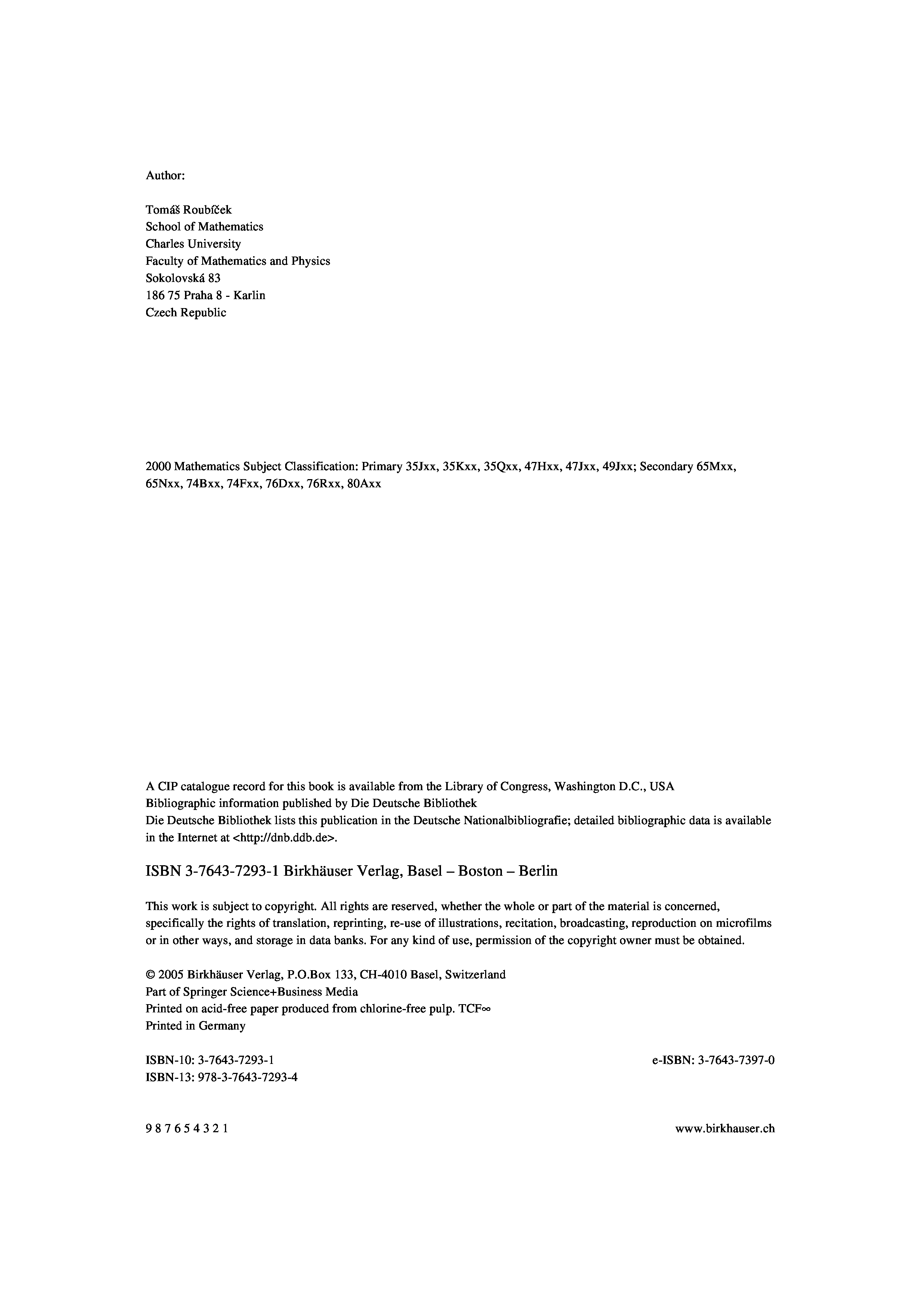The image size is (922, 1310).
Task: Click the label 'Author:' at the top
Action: [165, 176]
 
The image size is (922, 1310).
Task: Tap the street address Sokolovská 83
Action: [183, 279]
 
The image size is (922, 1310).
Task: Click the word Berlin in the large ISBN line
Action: [538, 871]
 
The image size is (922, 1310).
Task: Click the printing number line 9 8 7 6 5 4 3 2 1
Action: [187, 1128]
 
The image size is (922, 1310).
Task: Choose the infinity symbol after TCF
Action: [486, 1009]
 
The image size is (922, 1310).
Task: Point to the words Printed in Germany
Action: [195, 1026]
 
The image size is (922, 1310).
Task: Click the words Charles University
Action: [193, 244]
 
